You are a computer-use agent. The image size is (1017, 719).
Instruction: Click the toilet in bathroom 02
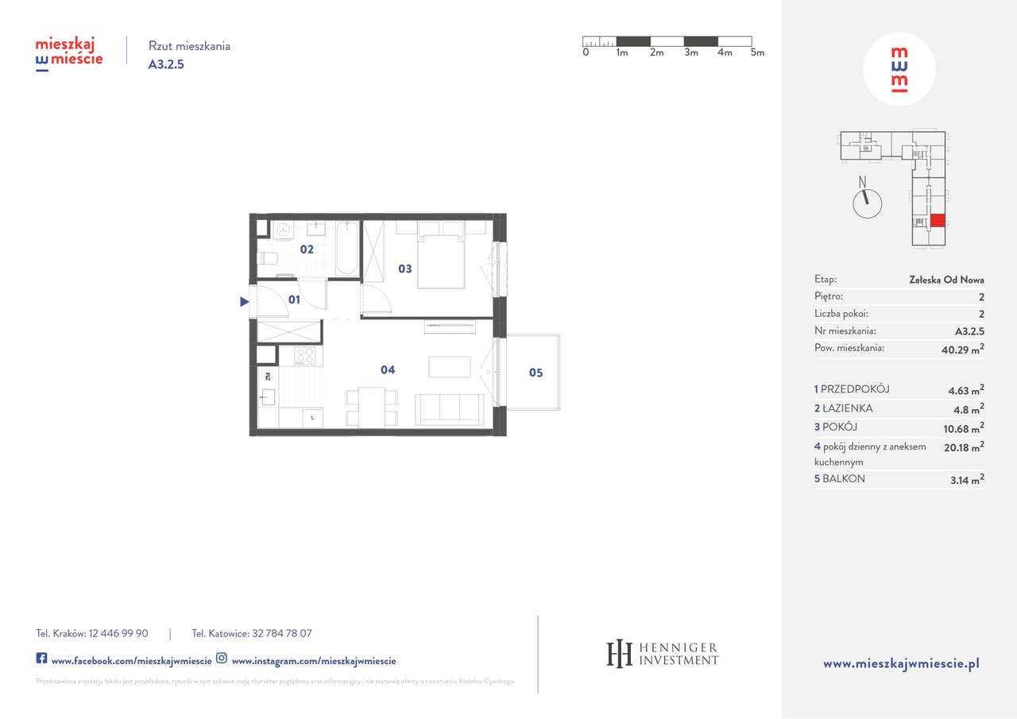tap(267, 257)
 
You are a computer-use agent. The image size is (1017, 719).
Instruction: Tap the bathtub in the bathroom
tap(346, 249)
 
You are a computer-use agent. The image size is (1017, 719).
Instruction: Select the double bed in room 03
tap(441, 258)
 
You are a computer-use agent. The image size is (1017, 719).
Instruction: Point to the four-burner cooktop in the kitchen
tap(305, 356)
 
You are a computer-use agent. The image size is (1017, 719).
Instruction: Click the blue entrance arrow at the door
tap(245, 301)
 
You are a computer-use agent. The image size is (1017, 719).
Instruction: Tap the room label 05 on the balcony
tap(536, 373)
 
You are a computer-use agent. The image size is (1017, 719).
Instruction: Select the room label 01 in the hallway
tap(294, 300)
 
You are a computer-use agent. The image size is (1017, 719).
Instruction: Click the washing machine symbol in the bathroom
tap(283, 230)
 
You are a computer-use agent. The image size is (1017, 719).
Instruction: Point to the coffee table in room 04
tap(449, 366)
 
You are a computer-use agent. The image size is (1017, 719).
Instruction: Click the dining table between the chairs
tap(371, 406)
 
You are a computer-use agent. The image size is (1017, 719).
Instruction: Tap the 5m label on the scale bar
tap(757, 53)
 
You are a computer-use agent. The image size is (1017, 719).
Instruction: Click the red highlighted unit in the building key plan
tap(938, 221)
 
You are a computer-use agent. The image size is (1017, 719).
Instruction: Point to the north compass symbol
tap(867, 201)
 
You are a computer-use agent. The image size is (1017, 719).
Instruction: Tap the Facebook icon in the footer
tap(42, 659)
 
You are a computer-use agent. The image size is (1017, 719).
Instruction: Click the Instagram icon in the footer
tap(222, 659)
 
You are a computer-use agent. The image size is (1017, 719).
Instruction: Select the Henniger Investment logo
tap(663, 653)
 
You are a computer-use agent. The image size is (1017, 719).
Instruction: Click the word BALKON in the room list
tap(843, 479)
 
